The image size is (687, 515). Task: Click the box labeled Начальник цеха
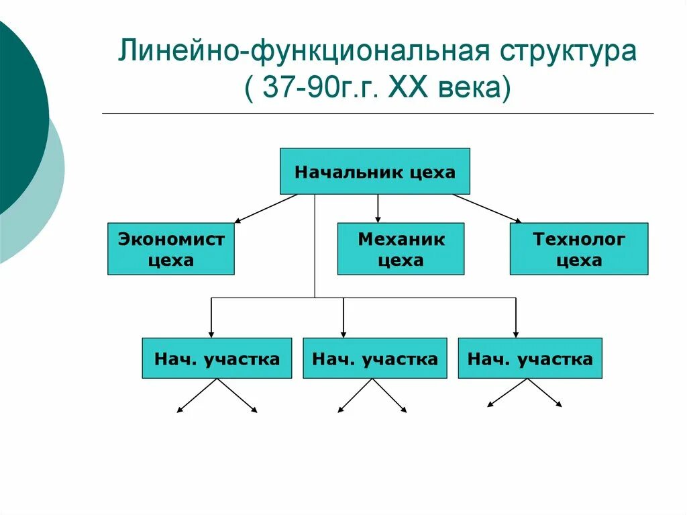pos(374,171)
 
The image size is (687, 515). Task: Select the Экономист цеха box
pos(171,249)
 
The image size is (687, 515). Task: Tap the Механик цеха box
pos(401,249)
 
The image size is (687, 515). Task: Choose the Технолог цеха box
pos(579,249)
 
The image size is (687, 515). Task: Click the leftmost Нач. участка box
pos(217,359)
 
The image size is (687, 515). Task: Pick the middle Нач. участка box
pos(374,359)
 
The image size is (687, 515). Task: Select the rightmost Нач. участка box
pos(530,359)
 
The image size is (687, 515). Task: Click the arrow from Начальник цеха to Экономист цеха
pos(266,208)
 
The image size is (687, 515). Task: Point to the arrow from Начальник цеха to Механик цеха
pos(378,208)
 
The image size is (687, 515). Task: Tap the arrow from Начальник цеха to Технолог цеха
pos(487,208)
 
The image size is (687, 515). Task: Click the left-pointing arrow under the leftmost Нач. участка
pos(197,395)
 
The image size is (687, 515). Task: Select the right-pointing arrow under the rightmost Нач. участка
pos(545,393)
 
